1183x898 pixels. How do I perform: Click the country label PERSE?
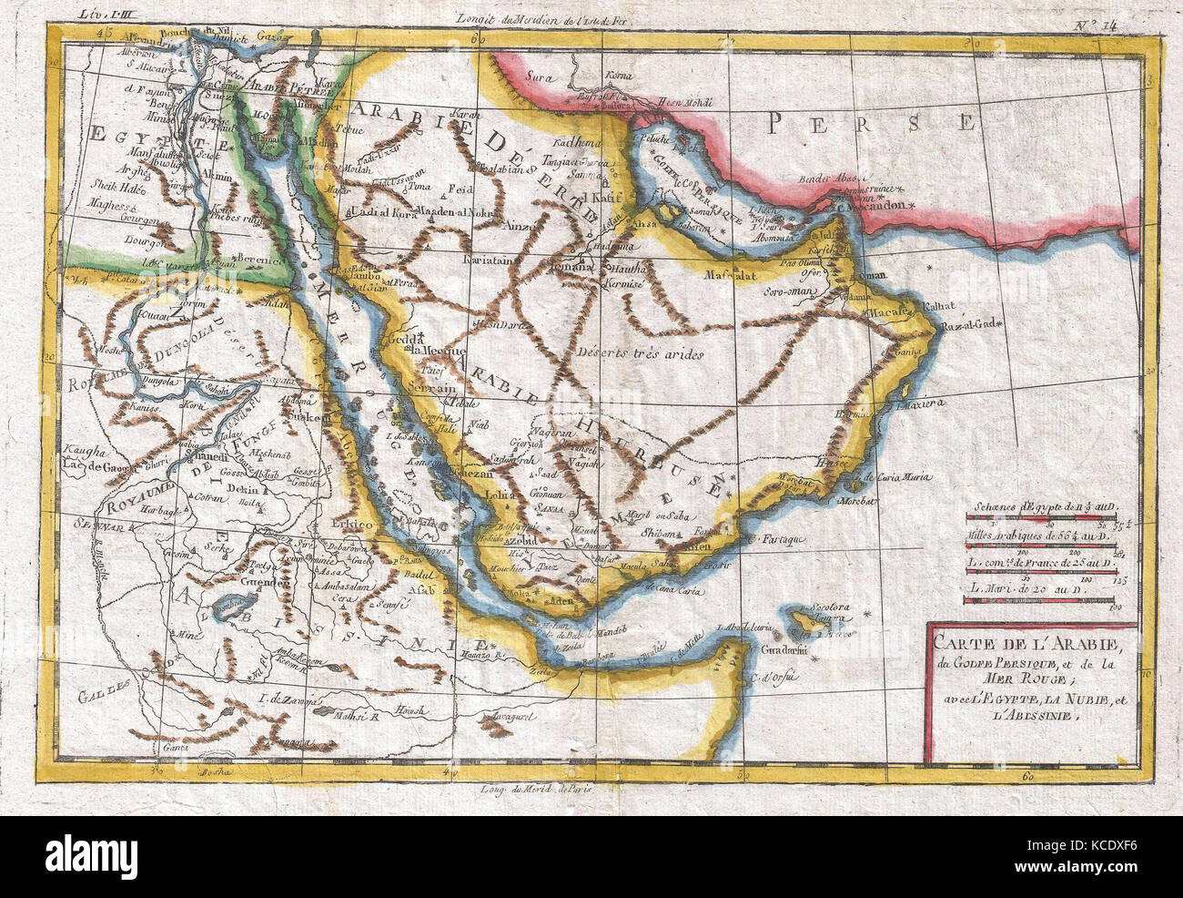[871, 120]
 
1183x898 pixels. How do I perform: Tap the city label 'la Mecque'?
[436, 350]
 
